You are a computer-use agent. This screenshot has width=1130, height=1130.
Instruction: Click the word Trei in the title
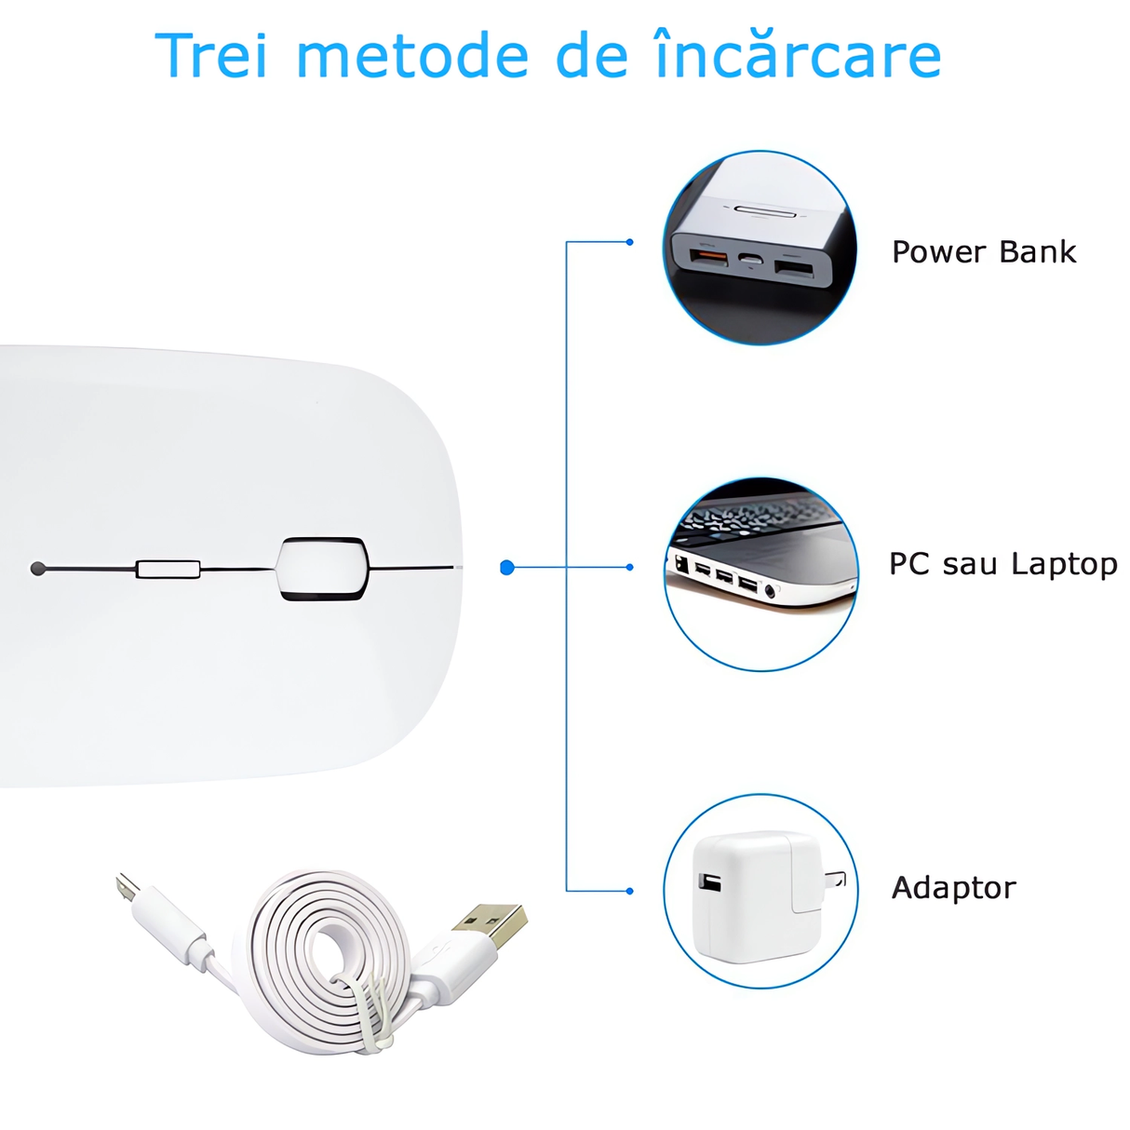pos(211,56)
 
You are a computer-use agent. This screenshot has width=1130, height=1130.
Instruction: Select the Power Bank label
pos(984,252)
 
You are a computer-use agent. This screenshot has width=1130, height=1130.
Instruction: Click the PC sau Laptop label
pos(1002,564)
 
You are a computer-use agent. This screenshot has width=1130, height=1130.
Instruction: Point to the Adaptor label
pos(953,888)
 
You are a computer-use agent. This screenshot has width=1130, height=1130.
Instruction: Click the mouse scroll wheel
pos(321,568)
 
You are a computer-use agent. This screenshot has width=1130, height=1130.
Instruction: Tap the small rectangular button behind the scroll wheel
pos(168,569)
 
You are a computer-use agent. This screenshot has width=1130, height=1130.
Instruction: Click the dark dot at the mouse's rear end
pos(38,569)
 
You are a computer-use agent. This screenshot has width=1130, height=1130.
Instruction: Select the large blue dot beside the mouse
pos(507,567)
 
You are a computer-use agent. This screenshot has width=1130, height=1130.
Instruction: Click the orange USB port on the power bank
pos(708,255)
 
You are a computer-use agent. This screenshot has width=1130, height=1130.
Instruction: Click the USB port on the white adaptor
pos(710,881)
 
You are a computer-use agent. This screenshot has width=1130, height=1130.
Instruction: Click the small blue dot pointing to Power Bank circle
pos(630,242)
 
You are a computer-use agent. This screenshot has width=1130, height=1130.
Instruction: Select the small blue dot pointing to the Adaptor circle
pos(630,891)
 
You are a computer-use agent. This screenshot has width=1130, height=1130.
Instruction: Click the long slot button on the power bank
pos(766,211)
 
